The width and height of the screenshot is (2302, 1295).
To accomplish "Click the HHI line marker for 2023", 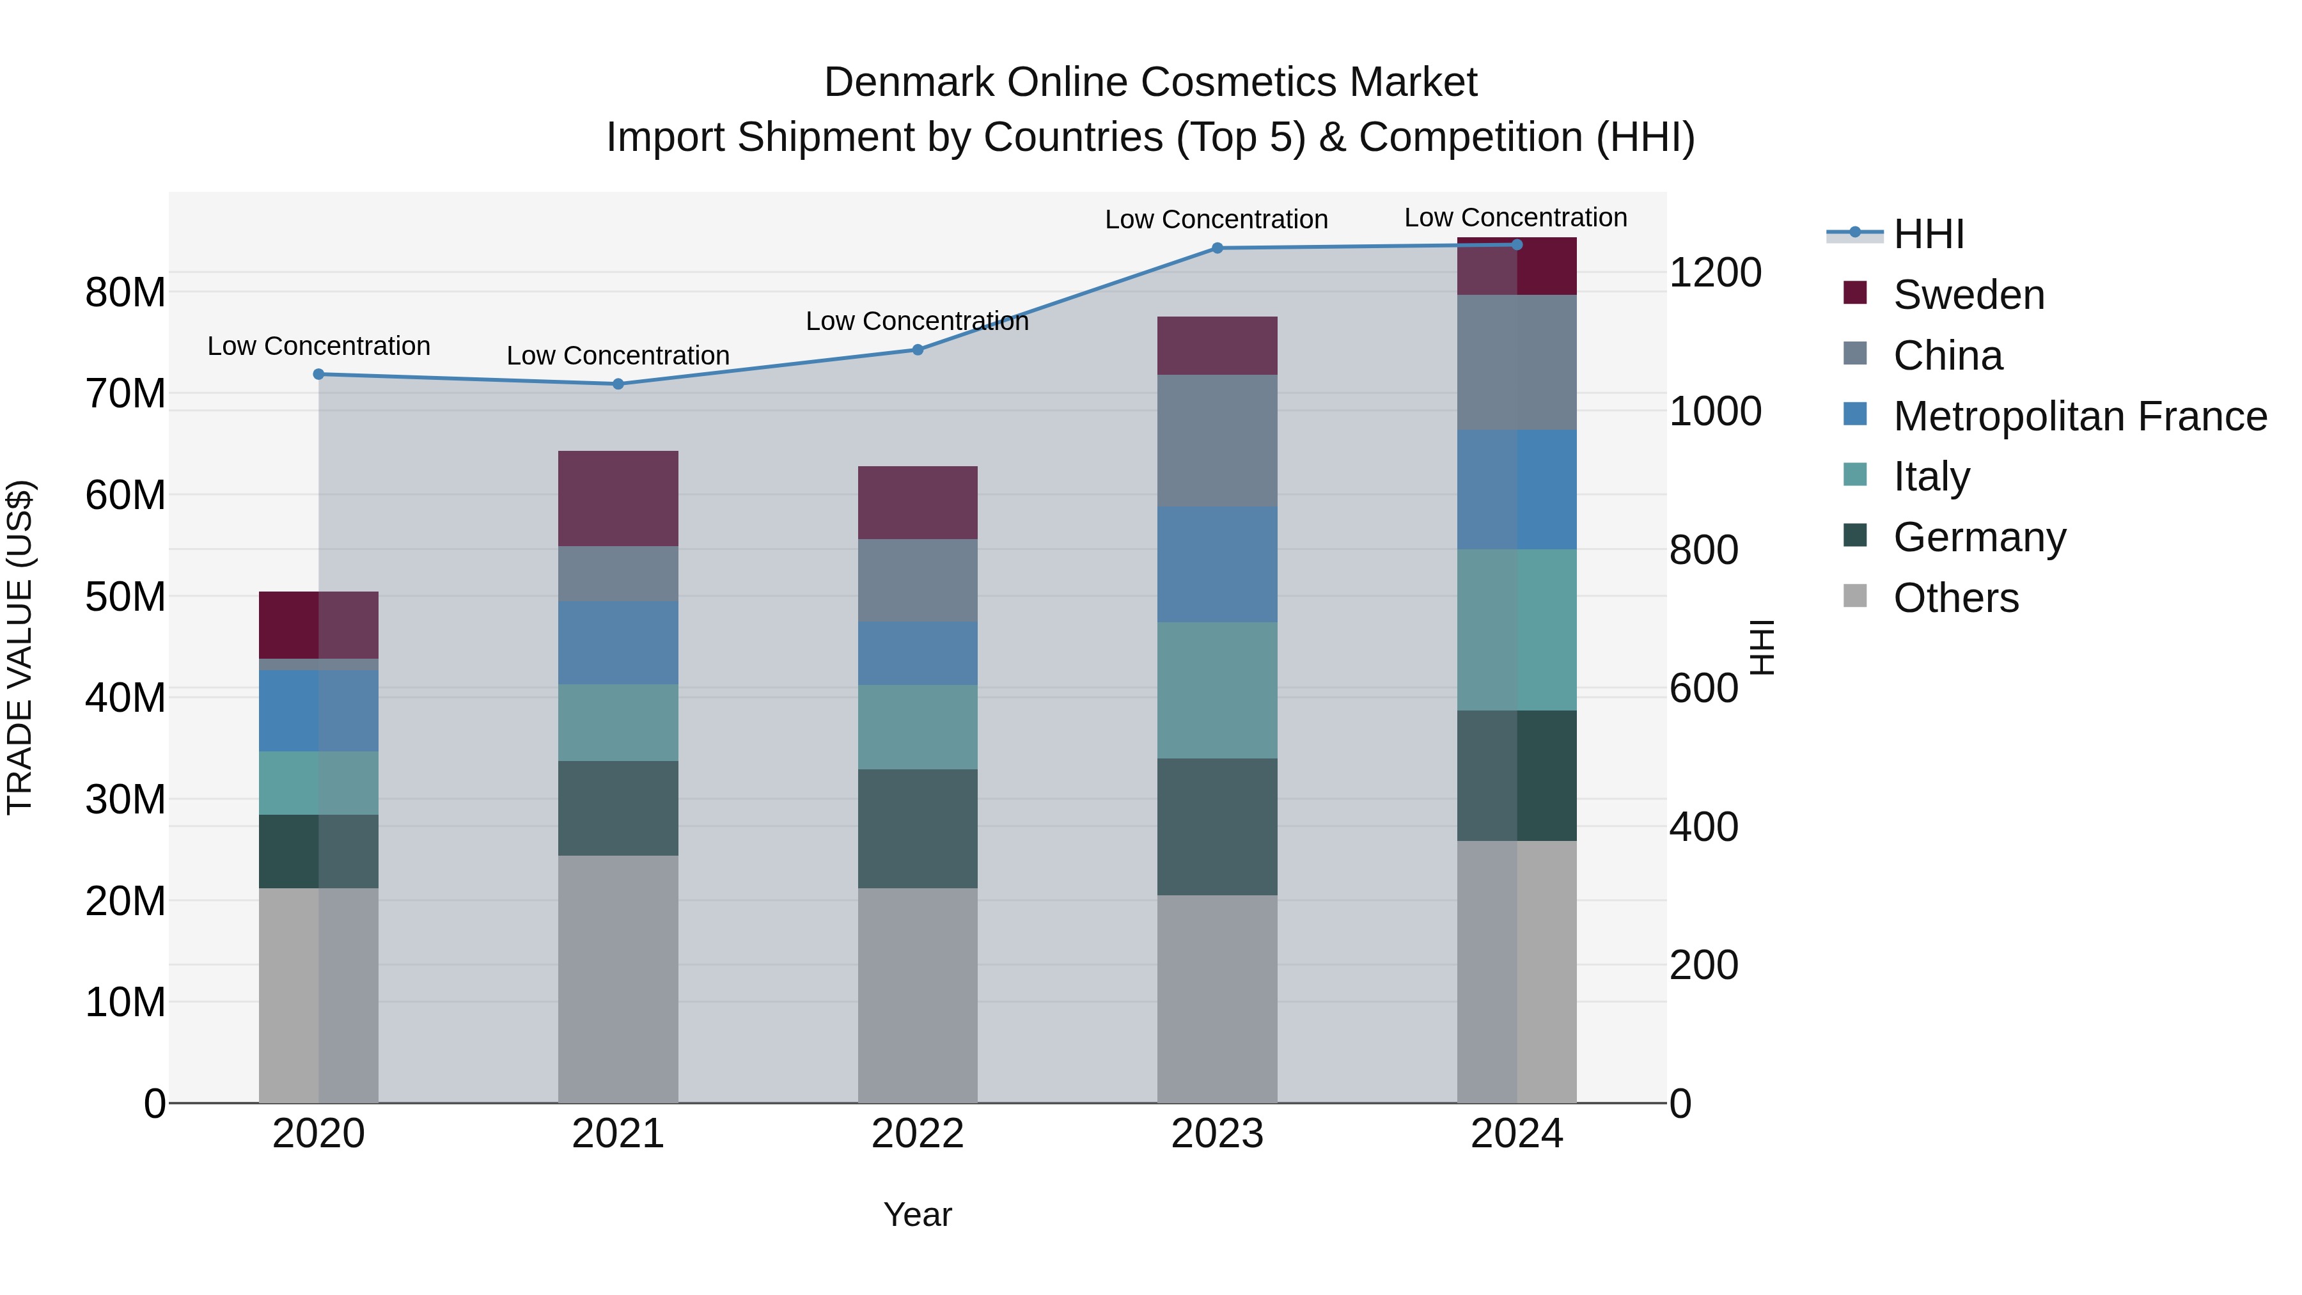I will [x=1217, y=249].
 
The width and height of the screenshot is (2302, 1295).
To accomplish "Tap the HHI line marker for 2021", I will [x=618, y=384].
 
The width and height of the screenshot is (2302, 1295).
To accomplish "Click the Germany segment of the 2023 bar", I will [x=1217, y=827].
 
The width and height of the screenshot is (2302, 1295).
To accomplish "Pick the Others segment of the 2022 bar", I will [x=918, y=994].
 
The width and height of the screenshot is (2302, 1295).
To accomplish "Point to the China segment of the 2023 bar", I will [x=1217, y=441].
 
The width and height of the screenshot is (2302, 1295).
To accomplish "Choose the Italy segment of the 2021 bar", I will [x=618, y=722].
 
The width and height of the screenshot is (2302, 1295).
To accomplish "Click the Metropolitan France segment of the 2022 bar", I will [x=918, y=654].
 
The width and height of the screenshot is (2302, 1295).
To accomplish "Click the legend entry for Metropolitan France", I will [x=2079, y=416].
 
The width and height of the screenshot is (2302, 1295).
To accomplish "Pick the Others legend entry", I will [x=1955, y=598].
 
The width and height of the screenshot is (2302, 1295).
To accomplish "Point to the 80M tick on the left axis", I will [x=125, y=292].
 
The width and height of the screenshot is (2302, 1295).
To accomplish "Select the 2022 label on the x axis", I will [x=918, y=1134].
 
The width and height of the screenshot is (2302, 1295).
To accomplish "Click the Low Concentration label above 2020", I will [x=319, y=346].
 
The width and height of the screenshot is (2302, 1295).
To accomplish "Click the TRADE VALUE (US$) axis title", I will [x=20, y=647].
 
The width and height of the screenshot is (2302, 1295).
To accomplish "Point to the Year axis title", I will [x=918, y=1214].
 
